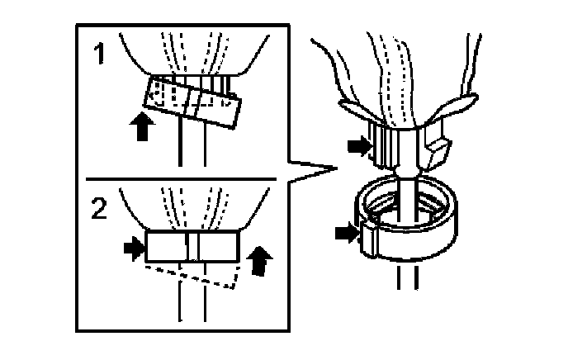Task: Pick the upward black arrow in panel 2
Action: (260, 258)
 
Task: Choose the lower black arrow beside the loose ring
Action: (348, 234)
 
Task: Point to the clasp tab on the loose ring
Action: (367, 239)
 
